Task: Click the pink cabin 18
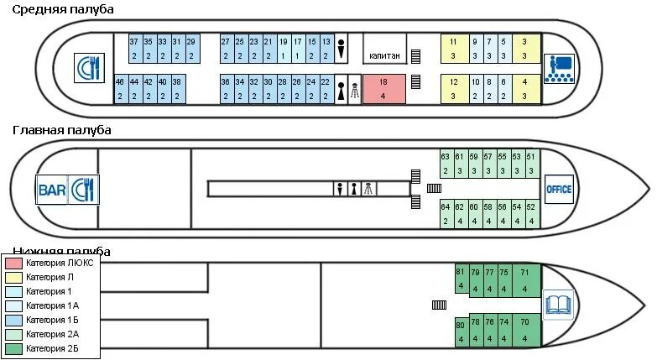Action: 383,89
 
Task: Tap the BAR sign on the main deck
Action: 52,190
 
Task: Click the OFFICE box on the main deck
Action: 559,189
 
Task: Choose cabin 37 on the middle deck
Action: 134,48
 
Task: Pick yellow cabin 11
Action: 453,48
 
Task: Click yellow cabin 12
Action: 453,89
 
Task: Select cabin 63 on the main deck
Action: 446,164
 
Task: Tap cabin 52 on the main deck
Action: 530,213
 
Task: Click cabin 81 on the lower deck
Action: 460,279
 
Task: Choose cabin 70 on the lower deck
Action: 524,329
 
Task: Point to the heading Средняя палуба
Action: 63,9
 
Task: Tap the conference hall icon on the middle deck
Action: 557,67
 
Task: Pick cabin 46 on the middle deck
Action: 120,89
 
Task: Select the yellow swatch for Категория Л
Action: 13,278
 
